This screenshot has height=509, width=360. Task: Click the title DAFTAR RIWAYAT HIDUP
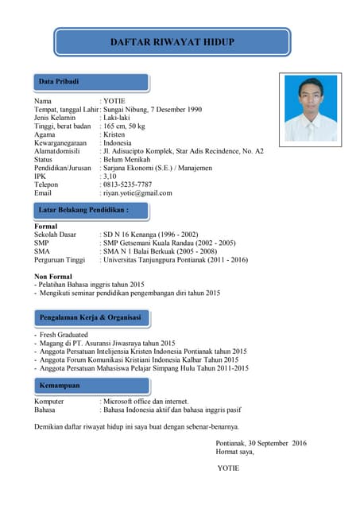coord(172,41)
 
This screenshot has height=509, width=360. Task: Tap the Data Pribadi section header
coord(60,82)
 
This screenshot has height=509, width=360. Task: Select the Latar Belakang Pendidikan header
coord(83,210)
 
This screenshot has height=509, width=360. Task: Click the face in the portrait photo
coord(311,94)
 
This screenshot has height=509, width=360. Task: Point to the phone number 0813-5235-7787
coord(128,185)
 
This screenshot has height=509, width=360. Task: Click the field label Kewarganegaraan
coord(60,142)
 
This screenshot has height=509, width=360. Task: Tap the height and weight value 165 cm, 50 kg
coord(124,126)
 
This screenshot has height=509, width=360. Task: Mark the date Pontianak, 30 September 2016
coord(261,442)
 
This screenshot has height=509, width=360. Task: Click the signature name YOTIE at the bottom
coord(228,468)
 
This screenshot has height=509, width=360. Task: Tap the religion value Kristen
coord(116,134)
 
